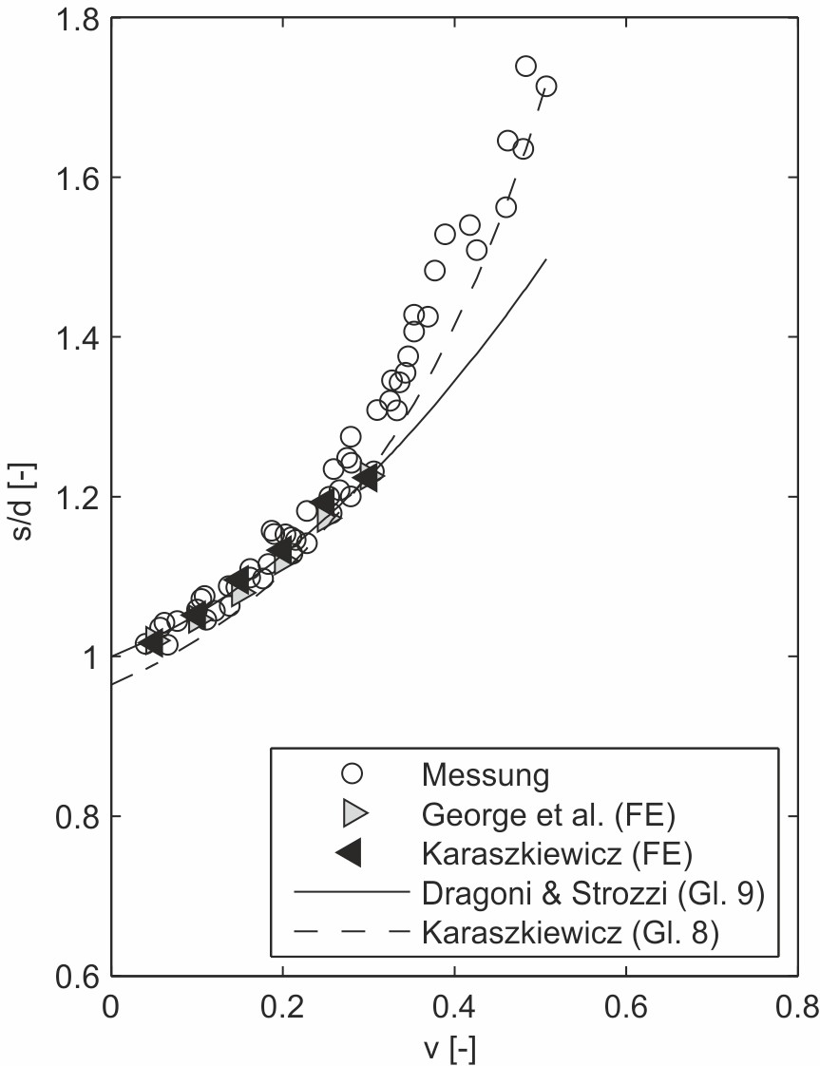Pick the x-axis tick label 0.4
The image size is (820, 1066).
coord(454,1006)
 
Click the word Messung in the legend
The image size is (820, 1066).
coord(485,774)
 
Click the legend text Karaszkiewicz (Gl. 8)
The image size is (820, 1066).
coord(567,933)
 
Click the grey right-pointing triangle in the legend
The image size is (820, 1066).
coord(351,813)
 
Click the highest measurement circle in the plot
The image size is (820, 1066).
coord(525,66)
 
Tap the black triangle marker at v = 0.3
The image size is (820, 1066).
coord(366,479)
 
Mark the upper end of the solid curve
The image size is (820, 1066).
coord(546,258)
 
